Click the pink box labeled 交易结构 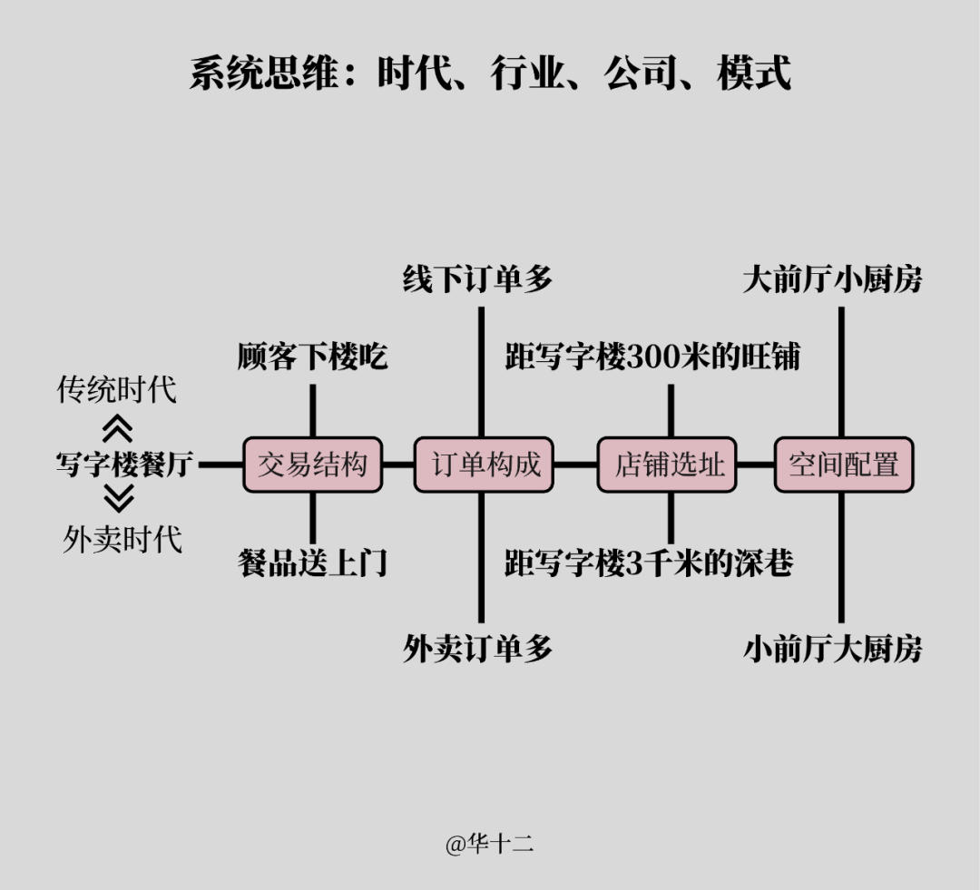point(312,465)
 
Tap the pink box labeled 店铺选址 point(667,465)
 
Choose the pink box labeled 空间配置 point(843,465)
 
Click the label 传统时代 point(117,390)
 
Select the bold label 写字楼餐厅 point(123,465)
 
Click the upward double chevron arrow point(119,428)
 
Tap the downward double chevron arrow point(119,499)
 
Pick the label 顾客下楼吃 point(312,356)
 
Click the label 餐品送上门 point(312,562)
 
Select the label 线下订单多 point(477,279)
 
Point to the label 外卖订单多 point(477,649)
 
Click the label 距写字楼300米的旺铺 point(652,356)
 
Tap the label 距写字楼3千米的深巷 point(649,562)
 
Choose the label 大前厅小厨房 point(832,279)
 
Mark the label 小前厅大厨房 point(832,649)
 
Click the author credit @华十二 point(489,845)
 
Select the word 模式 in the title point(753,73)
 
